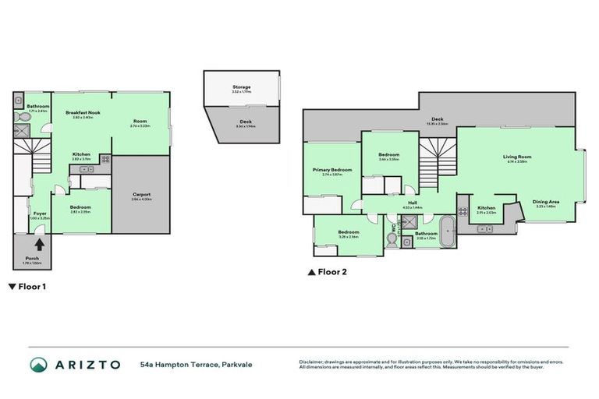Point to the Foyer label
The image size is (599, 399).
point(38,213)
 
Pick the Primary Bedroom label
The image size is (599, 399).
point(332,170)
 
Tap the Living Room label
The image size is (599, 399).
point(517,157)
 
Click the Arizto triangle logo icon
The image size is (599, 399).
point(39,364)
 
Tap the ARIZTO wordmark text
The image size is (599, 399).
point(87,364)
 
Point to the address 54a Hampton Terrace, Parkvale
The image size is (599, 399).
point(197,364)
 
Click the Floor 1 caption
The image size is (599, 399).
point(27,286)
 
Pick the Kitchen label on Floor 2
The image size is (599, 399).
point(487,207)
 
